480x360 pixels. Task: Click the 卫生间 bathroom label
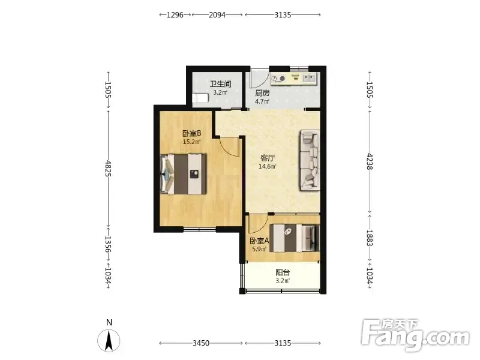point(220,83)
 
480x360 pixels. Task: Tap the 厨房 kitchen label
point(262,93)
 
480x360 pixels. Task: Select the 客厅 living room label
point(268,158)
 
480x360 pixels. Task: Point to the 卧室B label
point(191,133)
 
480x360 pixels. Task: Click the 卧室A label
point(259,241)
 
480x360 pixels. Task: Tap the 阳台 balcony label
point(283,272)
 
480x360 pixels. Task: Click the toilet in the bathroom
point(200,98)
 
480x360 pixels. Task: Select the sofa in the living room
point(310,160)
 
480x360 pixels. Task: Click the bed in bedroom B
point(184,174)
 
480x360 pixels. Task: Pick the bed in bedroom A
point(295,238)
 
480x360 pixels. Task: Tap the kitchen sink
point(309,79)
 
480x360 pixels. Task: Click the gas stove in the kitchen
point(278,79)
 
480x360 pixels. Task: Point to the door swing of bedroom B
point(230,147)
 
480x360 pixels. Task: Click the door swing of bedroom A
point(258,224)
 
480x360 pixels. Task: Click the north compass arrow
point(109,341)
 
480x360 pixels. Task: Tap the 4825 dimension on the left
point(108,168)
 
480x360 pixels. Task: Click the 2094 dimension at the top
point(217,14)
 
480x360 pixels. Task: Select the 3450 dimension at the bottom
point(201,343)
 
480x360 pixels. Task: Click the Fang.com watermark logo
point(415,335)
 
